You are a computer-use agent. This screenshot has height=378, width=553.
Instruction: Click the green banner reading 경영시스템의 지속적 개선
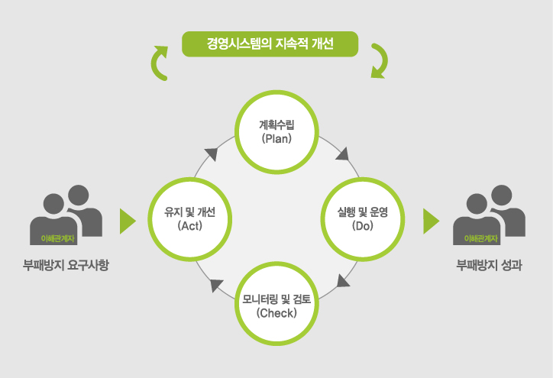coord(270,43)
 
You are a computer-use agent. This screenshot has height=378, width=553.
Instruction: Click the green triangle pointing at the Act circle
coord(128,221)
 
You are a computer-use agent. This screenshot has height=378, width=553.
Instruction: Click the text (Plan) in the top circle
coord(276,139)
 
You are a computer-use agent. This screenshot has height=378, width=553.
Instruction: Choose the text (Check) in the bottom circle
coord(276,312)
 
